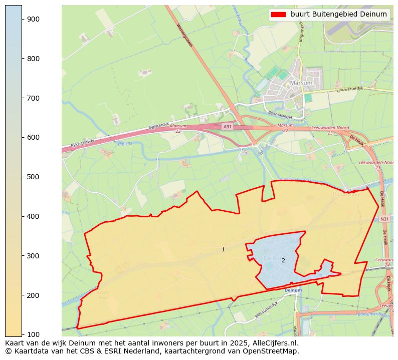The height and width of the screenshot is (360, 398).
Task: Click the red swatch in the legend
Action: pos(278,15)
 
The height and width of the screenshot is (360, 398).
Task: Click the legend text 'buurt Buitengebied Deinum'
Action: pos(339,15)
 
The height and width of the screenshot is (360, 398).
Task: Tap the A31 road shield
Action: pos(228,127)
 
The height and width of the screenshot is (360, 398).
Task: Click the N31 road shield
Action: pos(384,219)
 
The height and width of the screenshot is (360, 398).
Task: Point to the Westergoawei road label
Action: pos(184,35)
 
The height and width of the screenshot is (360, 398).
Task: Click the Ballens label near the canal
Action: pos(125,144)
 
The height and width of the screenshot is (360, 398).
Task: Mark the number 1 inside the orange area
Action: pos(223,249)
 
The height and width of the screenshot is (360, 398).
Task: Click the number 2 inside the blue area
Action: pos(283,260)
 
